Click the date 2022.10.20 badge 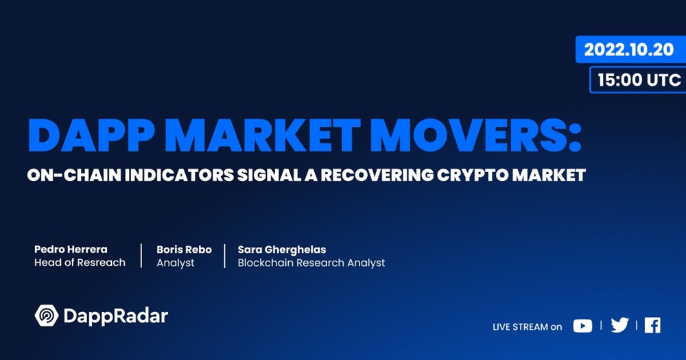(630, 49)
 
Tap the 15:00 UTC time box (638, 80)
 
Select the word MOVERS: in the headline (479, 135)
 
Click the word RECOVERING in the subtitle (377, 175)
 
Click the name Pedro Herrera (71, 250)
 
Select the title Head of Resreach (80, 263)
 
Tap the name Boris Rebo (184, 250)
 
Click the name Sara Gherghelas (282, 250)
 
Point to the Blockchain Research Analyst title (311, 263)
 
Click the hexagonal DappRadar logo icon (47, 315)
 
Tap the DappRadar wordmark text (115, 316)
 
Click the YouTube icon (582, 326)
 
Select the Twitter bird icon (619, 325)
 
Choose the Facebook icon (652, 326)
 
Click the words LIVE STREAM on (527, 327)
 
